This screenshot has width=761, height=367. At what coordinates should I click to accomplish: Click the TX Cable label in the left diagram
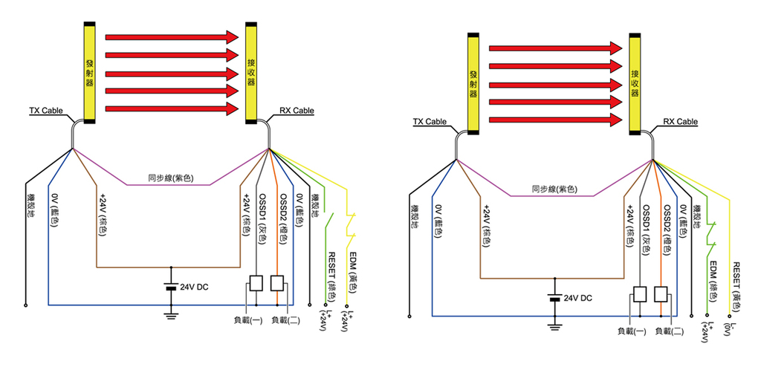(46, 110)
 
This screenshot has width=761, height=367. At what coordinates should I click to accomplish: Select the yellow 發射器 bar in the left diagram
(89, 73)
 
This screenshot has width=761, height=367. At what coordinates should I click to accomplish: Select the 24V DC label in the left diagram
(193, 288)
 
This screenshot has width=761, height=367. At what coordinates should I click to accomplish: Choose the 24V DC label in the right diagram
(577, 298)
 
